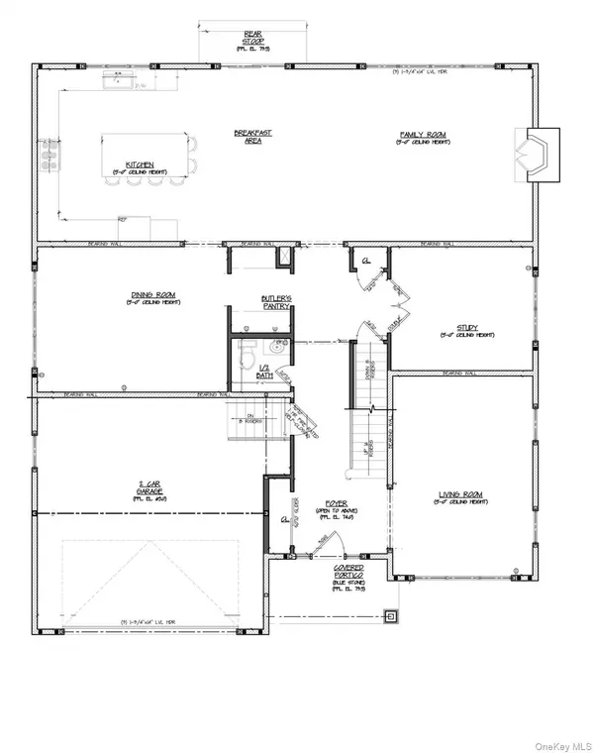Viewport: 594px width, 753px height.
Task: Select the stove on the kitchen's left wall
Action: [x=45, y=159]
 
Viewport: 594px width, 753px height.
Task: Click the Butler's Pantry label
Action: [x=275, y=302]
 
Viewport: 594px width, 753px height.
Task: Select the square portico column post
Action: [x=390, y=616]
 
